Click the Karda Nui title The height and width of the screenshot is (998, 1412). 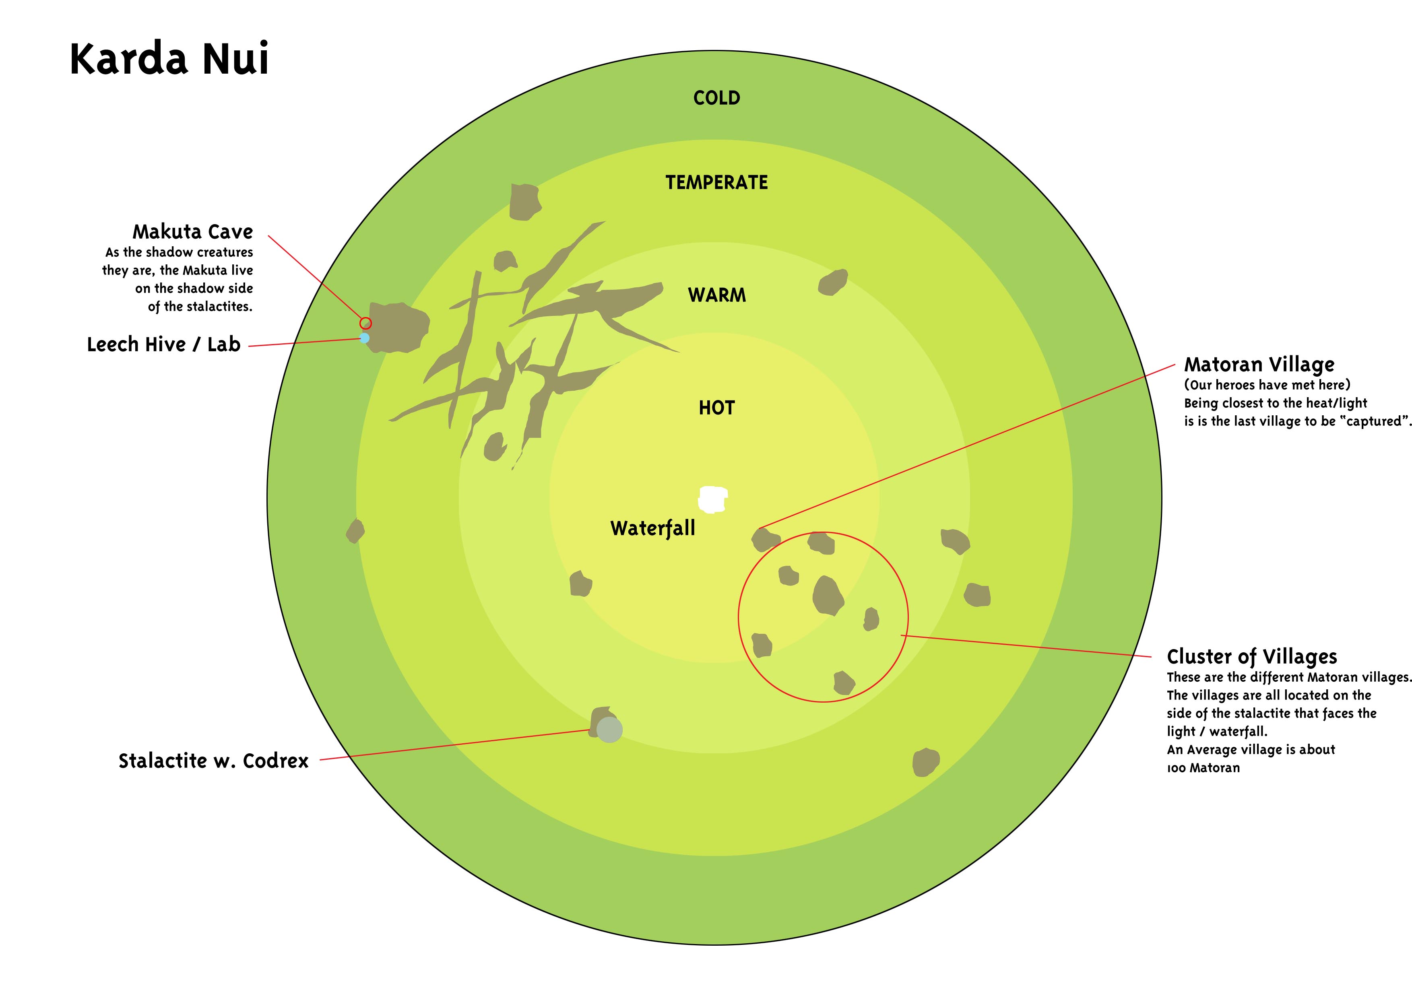(169, 59)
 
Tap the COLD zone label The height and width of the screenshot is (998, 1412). (716, 98)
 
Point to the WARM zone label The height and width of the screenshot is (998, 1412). (716, 295)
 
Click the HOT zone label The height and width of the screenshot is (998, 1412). (716, 408)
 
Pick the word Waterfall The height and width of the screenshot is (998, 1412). (652, 528)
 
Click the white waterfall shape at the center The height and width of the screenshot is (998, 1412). (713, 499)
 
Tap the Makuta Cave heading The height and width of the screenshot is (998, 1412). (192, 232)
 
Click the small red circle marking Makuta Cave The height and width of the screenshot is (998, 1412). (365, 323)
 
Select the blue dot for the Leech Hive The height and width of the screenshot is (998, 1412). (365, 338)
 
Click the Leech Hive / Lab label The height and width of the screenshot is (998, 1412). (163, 344)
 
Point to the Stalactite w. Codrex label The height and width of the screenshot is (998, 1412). (213, 761)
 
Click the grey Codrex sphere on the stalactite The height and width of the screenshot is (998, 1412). (609, 730)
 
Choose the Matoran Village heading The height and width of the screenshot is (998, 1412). (1259, 365)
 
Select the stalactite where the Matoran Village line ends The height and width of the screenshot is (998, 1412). (764, 539)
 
